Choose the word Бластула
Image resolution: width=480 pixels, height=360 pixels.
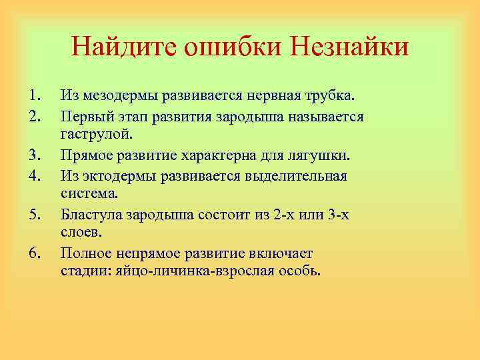click(91, 215)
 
